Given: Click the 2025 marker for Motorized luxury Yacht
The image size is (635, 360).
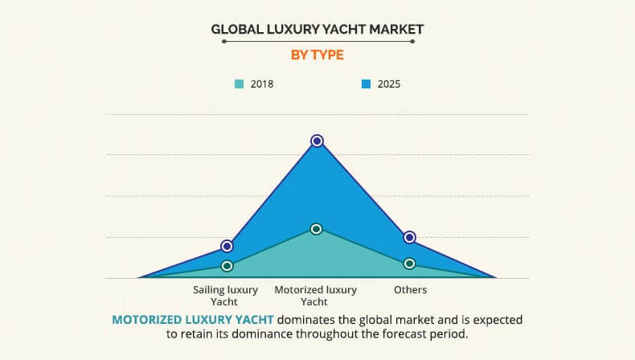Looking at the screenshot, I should click(317, 141).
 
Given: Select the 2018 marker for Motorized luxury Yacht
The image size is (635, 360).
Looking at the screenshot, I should click(317, 229).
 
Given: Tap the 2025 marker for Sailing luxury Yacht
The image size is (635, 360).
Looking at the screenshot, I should click(227, 246).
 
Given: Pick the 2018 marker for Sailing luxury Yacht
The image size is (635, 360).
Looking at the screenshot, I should click(227, 266).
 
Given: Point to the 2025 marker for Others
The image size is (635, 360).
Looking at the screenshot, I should click(409, 237).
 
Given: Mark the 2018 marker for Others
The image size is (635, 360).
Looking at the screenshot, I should click(409, 264).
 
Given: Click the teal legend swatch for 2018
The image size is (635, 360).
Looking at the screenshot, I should click(239, 84).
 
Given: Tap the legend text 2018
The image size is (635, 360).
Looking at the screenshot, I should click(262, 84).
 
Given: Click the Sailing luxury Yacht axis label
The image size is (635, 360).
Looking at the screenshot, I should click(226, 295).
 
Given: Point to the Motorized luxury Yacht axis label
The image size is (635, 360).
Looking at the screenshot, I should click(316, 295).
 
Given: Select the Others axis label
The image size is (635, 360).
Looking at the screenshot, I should click(410, 289).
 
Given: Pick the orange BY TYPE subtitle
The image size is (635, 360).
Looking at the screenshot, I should click(317, 55).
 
